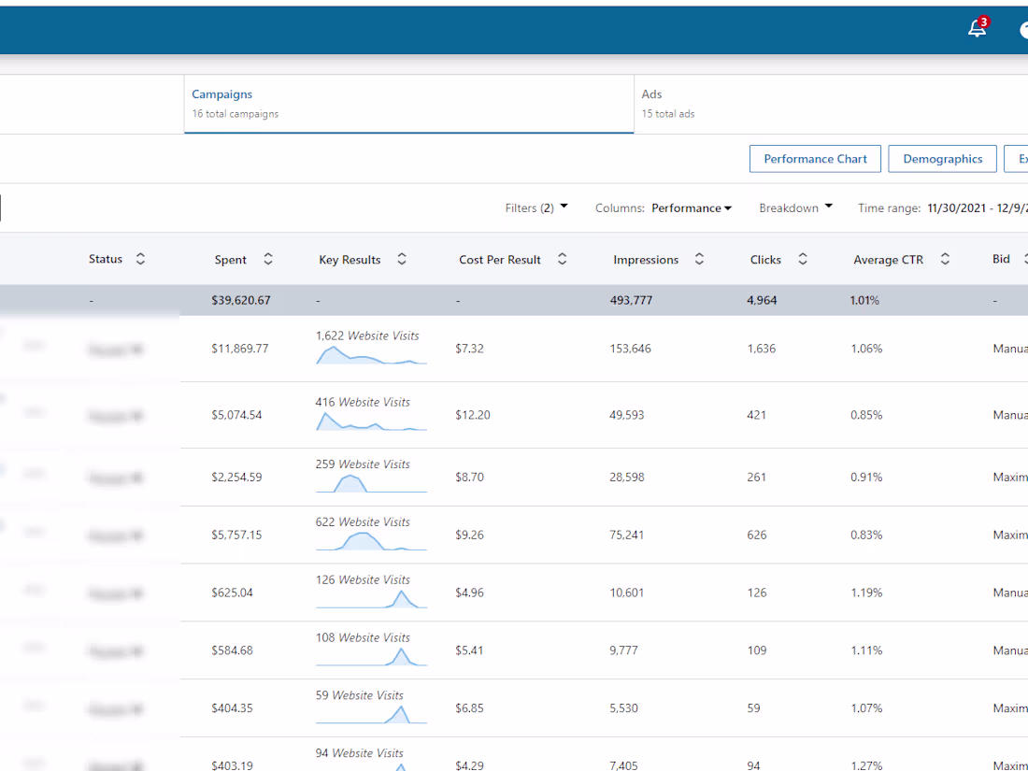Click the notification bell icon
(x=977, y=29)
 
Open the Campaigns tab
(x=221, y=94)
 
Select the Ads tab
(x=651, y=94)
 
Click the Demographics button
(x=942, y=159)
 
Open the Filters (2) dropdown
(x=535, y=208)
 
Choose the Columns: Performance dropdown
(x=664, y=208)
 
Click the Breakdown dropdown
(x=795, y=208)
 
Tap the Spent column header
(x=231, y=260)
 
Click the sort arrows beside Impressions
(x=699, y=260)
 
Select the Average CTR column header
(x=888, y=260)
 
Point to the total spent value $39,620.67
(x=241, y=301)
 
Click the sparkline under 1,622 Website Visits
(x=371, y=355)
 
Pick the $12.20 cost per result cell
(x=472, y=415)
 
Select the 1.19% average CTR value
(x=866, y=593)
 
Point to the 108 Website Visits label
(x=363, y=637)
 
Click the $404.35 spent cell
(x=232, y=708)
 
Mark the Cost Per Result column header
(x=500, y=260)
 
